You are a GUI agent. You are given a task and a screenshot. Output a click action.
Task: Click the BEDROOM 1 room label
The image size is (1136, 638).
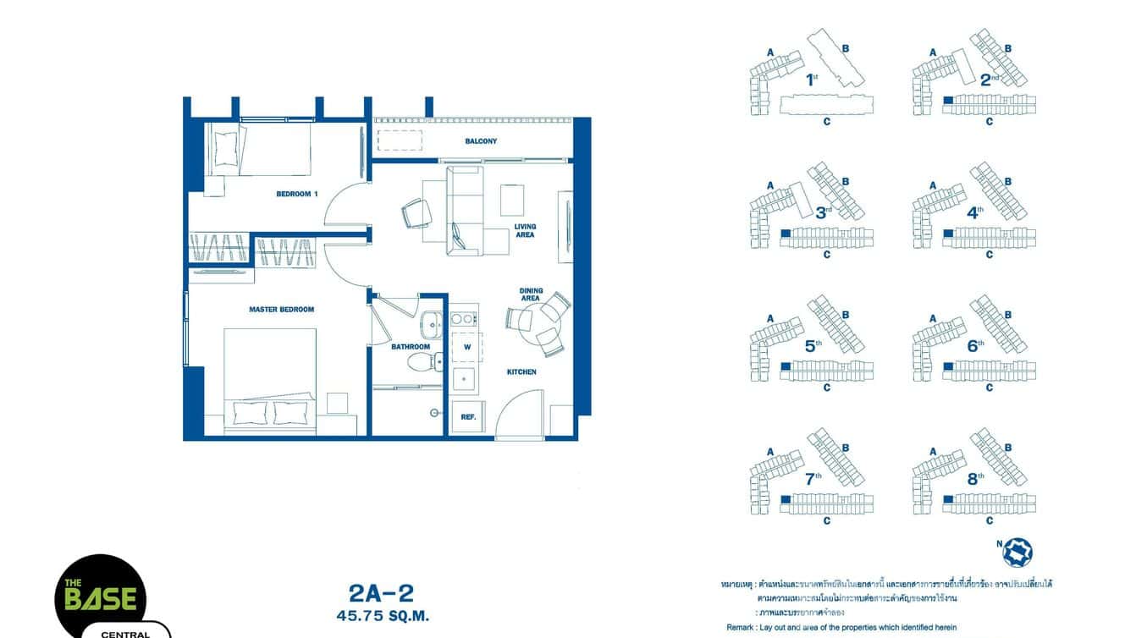click(296, 194)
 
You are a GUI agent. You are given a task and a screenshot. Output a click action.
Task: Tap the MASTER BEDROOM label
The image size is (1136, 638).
click(281, 310)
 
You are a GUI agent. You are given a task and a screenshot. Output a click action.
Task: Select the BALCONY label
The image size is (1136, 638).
click(481, 141)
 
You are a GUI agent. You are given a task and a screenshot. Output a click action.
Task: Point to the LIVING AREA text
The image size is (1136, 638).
click(525, 230)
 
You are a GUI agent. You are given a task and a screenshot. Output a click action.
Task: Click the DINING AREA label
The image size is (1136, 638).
click(531, 294)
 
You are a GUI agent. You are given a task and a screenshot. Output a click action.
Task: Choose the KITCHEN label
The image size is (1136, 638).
click(521, 371)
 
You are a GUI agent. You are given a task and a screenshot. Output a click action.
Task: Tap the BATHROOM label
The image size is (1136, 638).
click(411, 347)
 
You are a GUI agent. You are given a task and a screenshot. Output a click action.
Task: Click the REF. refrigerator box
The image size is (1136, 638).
click(467, 417)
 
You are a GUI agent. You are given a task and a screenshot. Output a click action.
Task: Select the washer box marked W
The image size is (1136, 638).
click(466, 347)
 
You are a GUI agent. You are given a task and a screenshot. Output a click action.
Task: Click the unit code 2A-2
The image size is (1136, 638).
click(381, 593)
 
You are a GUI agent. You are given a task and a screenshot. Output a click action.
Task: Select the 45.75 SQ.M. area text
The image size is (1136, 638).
click(381, 617)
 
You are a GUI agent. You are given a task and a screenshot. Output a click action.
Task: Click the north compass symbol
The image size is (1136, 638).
click(1017, 552)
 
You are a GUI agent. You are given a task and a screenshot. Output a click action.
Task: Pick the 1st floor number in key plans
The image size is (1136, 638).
click(811, 80)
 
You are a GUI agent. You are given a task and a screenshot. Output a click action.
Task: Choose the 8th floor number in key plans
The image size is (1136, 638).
click(975, 478)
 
